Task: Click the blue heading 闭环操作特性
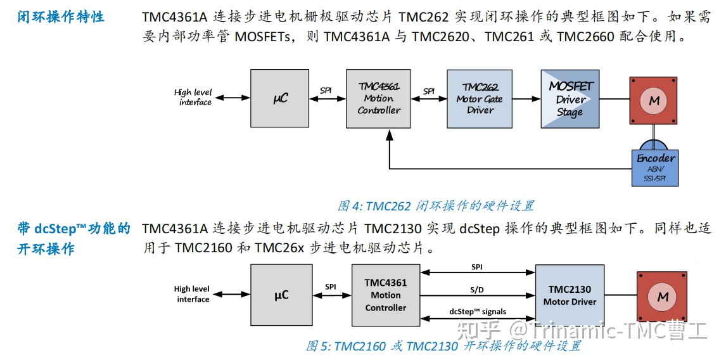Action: [x=61, y=17]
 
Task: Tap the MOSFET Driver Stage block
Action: [x=570, y=99]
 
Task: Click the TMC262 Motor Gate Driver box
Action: [x=480, y=99]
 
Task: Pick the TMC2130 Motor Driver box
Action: [x=570, y=295]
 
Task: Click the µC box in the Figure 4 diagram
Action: [x=281, y=99]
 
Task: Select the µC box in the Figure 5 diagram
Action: [x=281, y=295]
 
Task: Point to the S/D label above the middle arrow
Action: [x=477, y=290]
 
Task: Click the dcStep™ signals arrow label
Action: [x=477, y=311]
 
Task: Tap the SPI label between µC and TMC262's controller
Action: [x=326, y=90]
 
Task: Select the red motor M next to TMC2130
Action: [x=662, y=297]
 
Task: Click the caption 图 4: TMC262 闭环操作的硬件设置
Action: [x=435, y=205]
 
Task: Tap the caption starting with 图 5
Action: [x=443, y=346]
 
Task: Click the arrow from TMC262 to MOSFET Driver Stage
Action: [x=526, y=99]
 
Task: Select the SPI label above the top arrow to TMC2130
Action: [x=477, y=267]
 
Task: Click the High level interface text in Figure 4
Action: [x=193, y=97]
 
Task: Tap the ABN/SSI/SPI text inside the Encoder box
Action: [x=656, y=174]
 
